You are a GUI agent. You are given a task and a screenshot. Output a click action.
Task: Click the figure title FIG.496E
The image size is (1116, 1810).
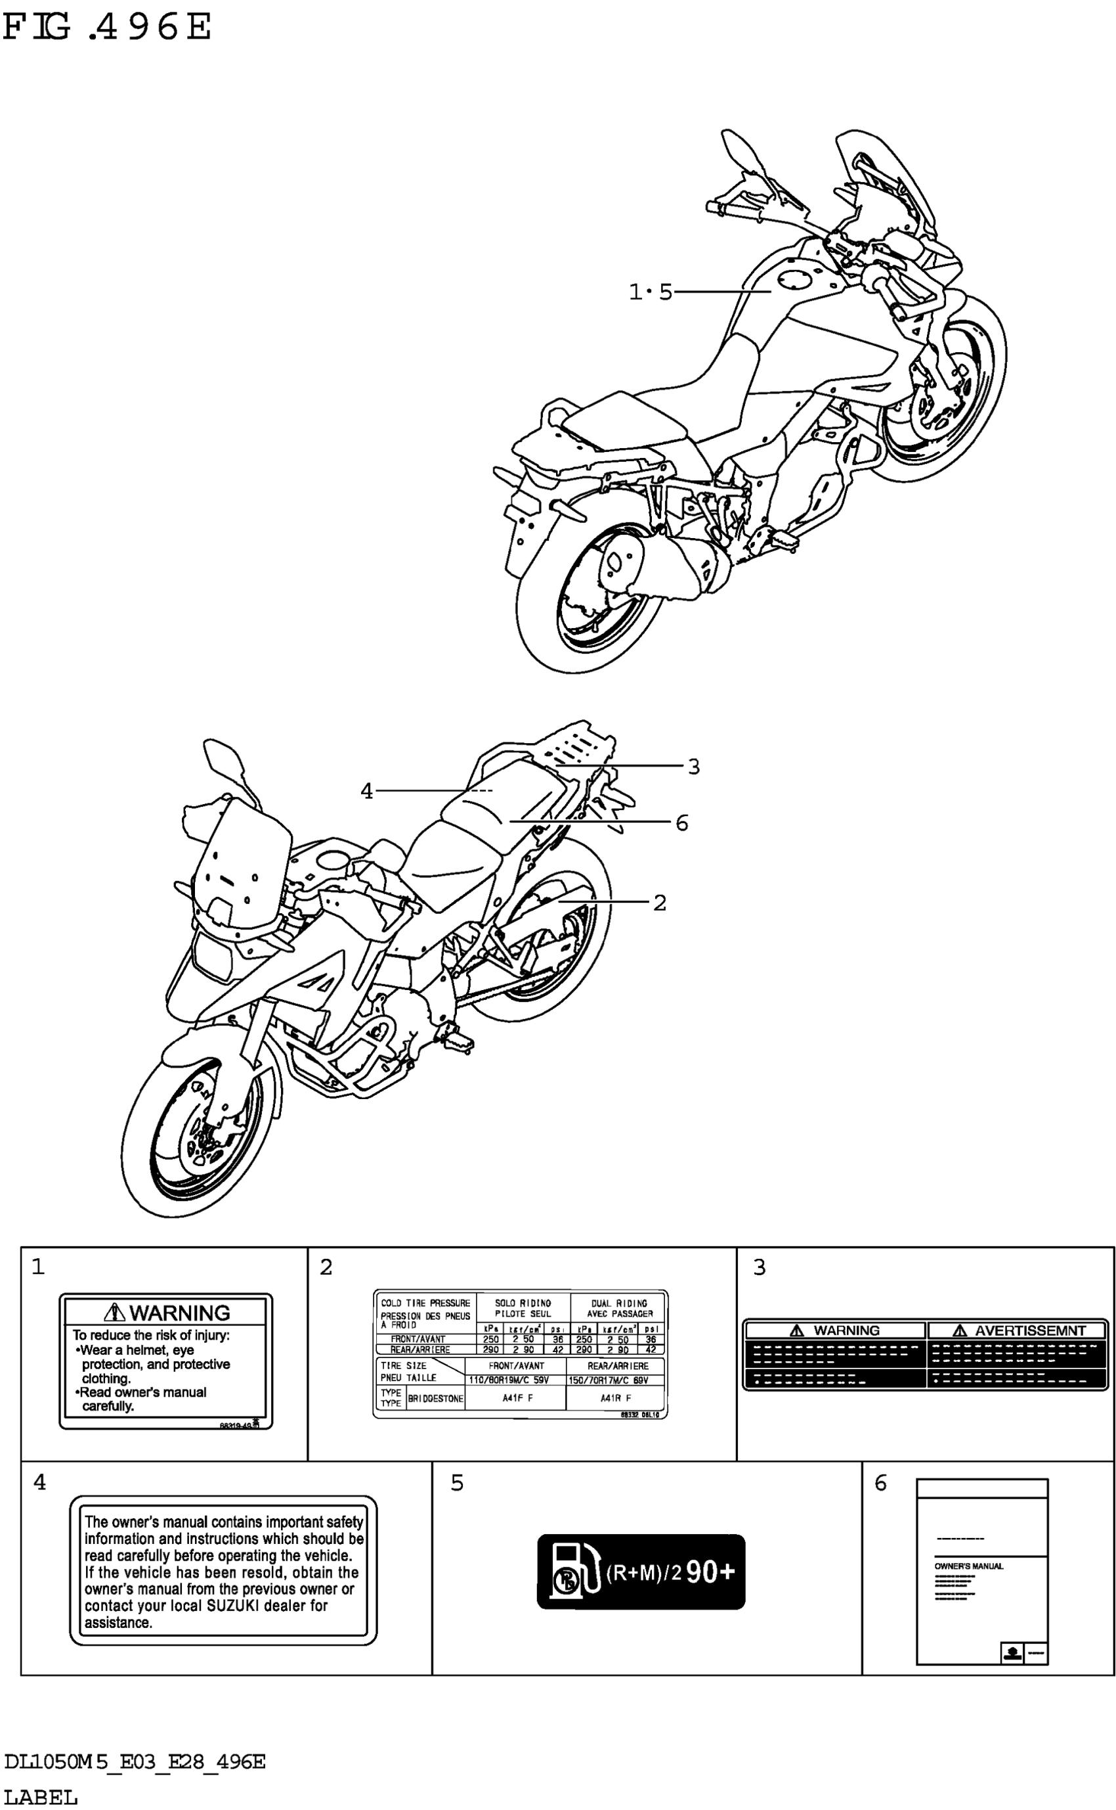click(x=107, y=28)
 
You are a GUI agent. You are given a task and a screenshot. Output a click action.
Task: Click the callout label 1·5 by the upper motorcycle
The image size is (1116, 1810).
click(x=651, y=292)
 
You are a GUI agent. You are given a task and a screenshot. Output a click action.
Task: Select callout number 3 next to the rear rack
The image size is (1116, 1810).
click(x=693, y=767)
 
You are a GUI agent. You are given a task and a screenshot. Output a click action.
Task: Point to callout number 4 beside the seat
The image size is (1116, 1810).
click(x=367, y=792)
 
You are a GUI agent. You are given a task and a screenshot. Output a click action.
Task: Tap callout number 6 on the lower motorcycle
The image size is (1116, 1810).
click(x=682, y=823)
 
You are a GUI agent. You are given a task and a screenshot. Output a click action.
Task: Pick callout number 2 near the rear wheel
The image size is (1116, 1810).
click(x=660, y=903)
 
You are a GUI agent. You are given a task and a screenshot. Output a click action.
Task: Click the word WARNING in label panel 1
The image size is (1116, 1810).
click(x=179, y=1313)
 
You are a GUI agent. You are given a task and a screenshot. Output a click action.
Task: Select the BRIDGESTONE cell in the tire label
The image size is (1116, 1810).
click(x=435, y=1398)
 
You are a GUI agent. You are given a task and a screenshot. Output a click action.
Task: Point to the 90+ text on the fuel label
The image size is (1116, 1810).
click(x=710, y=1572)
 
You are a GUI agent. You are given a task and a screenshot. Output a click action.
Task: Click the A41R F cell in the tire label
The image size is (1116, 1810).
click(x=616, y=1398)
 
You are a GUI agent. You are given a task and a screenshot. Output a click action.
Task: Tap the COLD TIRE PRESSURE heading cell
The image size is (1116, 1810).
click(x=425, y=1303)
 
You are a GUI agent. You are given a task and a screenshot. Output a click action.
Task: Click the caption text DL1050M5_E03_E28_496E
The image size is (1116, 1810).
click(x=135, y=1761)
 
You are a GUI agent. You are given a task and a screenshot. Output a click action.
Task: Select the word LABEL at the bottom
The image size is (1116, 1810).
click(x=41, y=1797)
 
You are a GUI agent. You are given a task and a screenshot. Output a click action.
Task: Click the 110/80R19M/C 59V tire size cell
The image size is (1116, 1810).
click(x=509, y=1380)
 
